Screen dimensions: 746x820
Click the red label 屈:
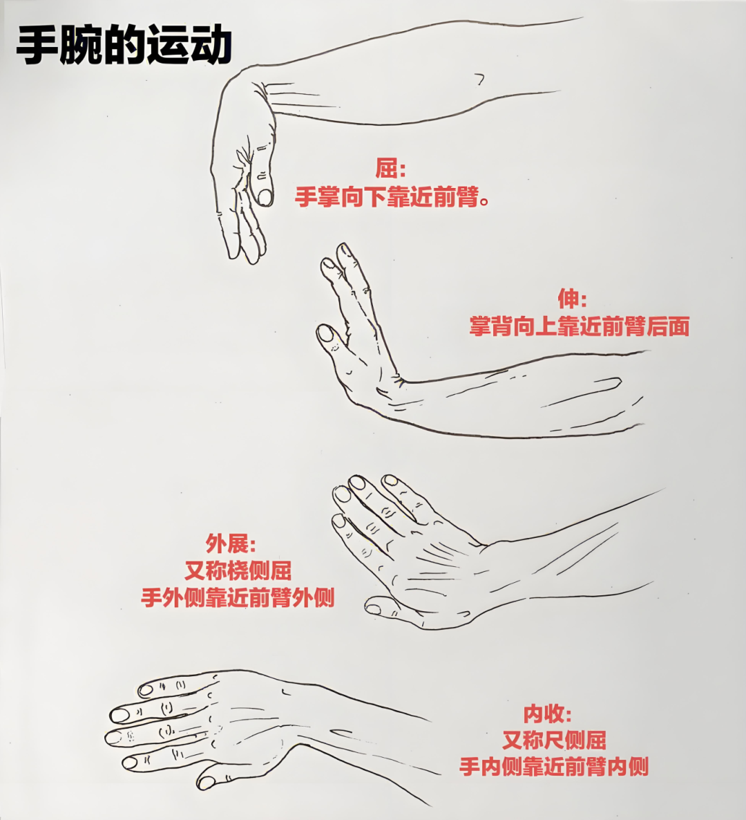(390, 169)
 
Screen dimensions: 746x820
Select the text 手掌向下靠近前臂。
(392, 197)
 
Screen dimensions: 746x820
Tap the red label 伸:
(572, 299)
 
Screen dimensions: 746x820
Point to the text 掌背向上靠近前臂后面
(579, 326)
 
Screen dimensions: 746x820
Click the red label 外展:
(231, 544)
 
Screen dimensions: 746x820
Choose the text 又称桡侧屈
(238, 570)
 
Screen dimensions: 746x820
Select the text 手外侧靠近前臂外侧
(238, 598)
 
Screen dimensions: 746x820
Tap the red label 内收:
(548, 714)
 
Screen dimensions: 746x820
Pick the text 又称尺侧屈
(554, 740)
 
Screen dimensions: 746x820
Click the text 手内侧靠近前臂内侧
(554, 767)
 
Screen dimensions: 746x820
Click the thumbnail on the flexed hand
(265, 197)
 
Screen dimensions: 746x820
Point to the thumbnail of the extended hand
(325, 333)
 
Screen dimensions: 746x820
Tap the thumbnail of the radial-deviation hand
(373, 608)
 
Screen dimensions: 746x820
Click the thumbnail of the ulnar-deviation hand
(207, 783)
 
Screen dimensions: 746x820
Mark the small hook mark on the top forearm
(479, 79)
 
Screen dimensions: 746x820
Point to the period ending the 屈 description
(484, 201)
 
